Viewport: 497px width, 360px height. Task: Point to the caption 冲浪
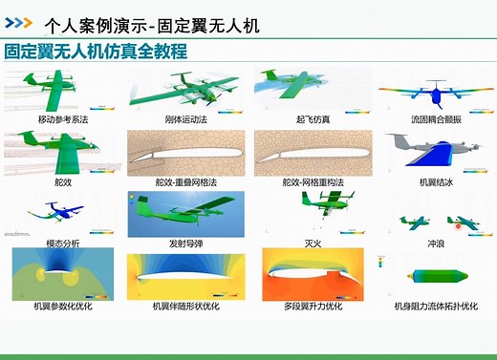(436, 244)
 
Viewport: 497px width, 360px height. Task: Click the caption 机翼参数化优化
(63, 307)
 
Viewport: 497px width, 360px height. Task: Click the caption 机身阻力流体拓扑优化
(436, 307)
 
